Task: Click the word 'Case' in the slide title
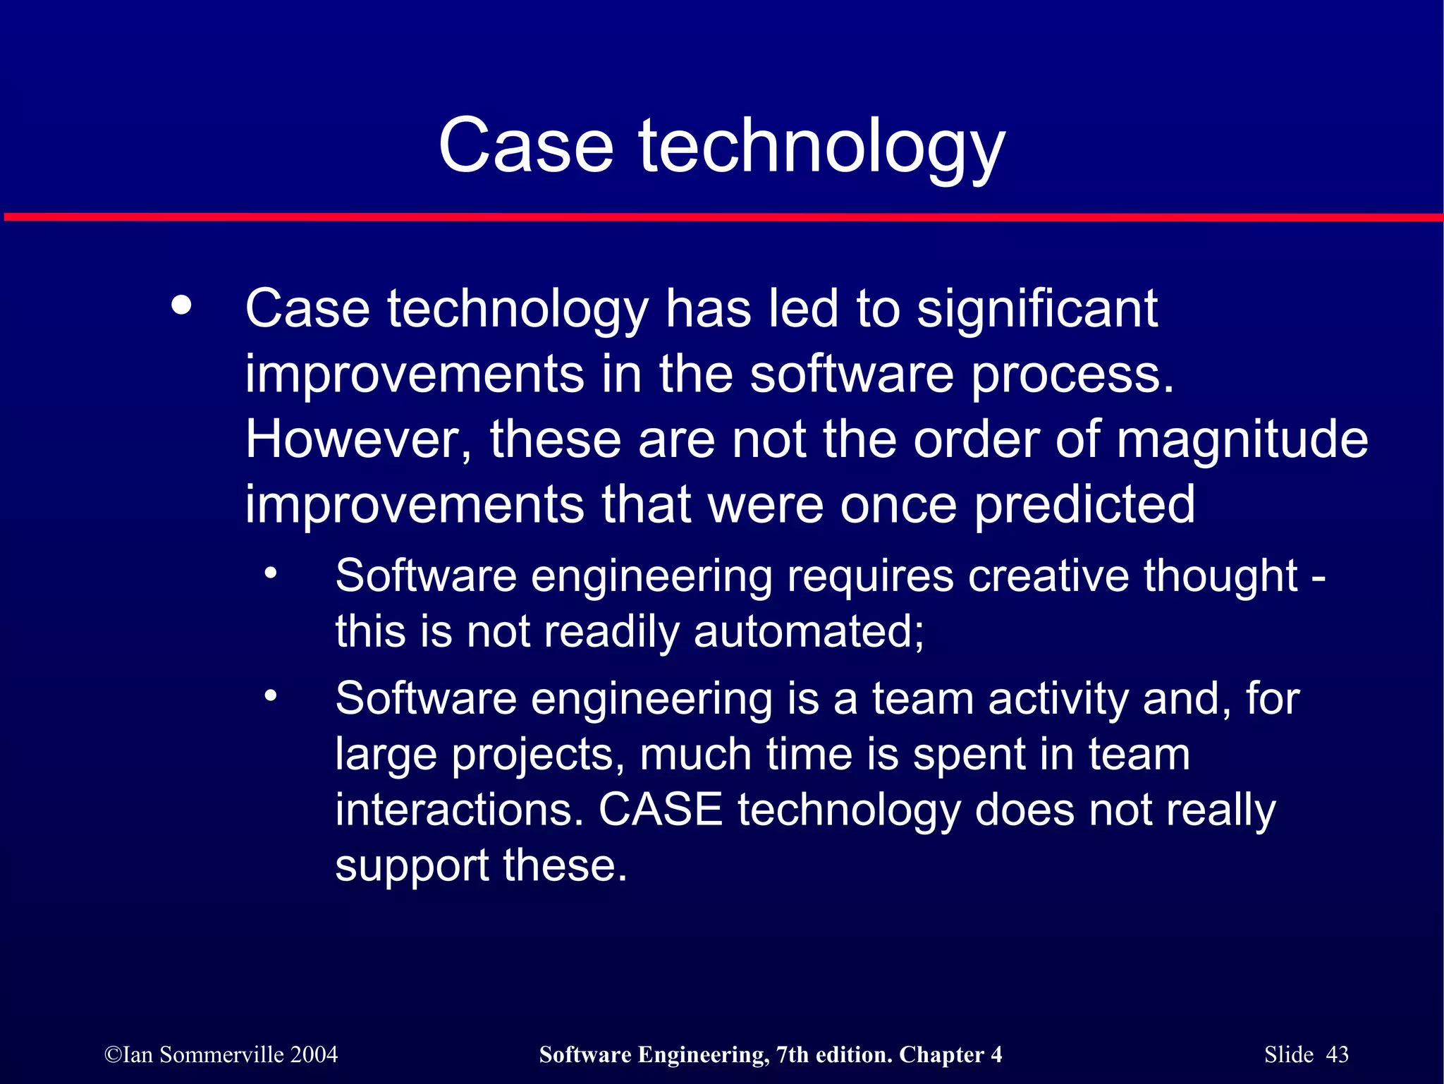525,146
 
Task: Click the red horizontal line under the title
722,217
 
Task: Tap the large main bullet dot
181,305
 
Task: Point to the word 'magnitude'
1242,441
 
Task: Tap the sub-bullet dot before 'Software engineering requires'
271,573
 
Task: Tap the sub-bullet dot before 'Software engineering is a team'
271,696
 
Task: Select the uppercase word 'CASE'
660,810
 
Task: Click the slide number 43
1337,1054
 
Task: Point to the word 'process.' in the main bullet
1072,374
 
